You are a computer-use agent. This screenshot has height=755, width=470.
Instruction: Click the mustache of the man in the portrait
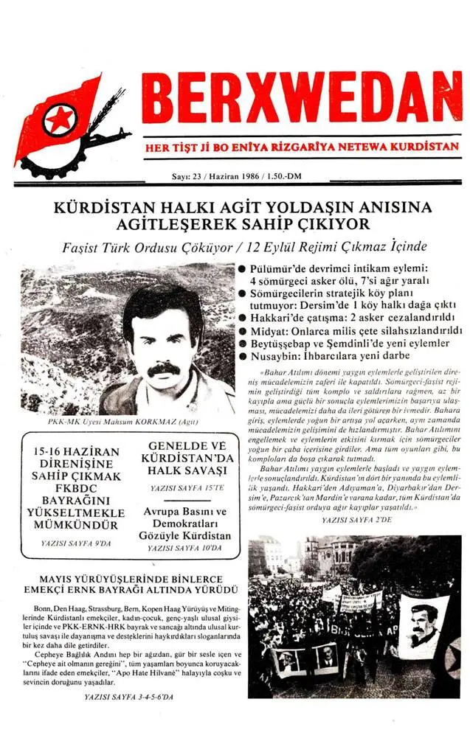pyautogui.click(x=163, y=368)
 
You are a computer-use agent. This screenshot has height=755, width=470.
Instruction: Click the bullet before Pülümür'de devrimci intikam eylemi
pyautogui.click(x=241, y=271)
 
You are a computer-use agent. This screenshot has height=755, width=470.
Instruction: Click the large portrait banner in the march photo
pyautogui.click(x=423, y=625)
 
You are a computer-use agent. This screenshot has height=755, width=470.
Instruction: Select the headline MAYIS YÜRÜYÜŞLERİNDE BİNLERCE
pyautogui.click(x=131, y=579)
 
